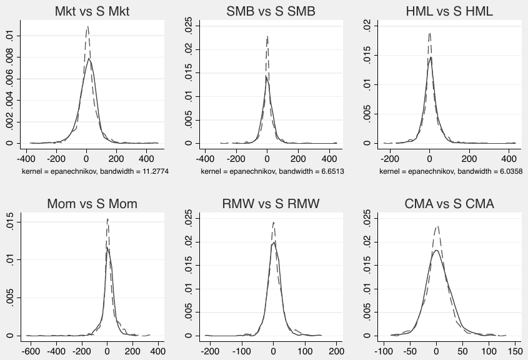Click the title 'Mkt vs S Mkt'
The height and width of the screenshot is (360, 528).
click(x=92, y=11)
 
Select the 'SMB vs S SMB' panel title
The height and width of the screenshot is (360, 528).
click(x=271, y=11)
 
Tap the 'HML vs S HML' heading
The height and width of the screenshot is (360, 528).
click(x=449, y=11)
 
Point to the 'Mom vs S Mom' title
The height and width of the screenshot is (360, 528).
click(x=92, y=204)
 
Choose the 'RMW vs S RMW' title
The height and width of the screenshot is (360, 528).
click(x=271, y=204)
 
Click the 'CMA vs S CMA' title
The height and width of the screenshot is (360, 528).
click(x=449, y=204)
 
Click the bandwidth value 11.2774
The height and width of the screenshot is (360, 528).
click(x=156, y=171)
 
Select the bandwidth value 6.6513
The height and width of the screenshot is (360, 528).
click(x=332, y=171)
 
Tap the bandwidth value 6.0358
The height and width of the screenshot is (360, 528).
click(x=511, y=171)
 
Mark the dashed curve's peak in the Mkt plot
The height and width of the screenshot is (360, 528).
click(x=88, y=26)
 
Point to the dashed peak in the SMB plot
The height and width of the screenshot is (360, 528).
click(x=267, y=36)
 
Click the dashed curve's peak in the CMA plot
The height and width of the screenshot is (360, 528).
click(x=437, y=226)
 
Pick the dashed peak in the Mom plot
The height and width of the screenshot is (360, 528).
click(x=107, y=219)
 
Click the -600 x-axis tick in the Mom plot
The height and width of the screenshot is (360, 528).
click(x=31, y=351)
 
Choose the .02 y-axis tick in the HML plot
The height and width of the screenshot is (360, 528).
click(x=367, y=26)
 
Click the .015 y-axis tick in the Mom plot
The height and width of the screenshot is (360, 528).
click(x=10, y=222)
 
